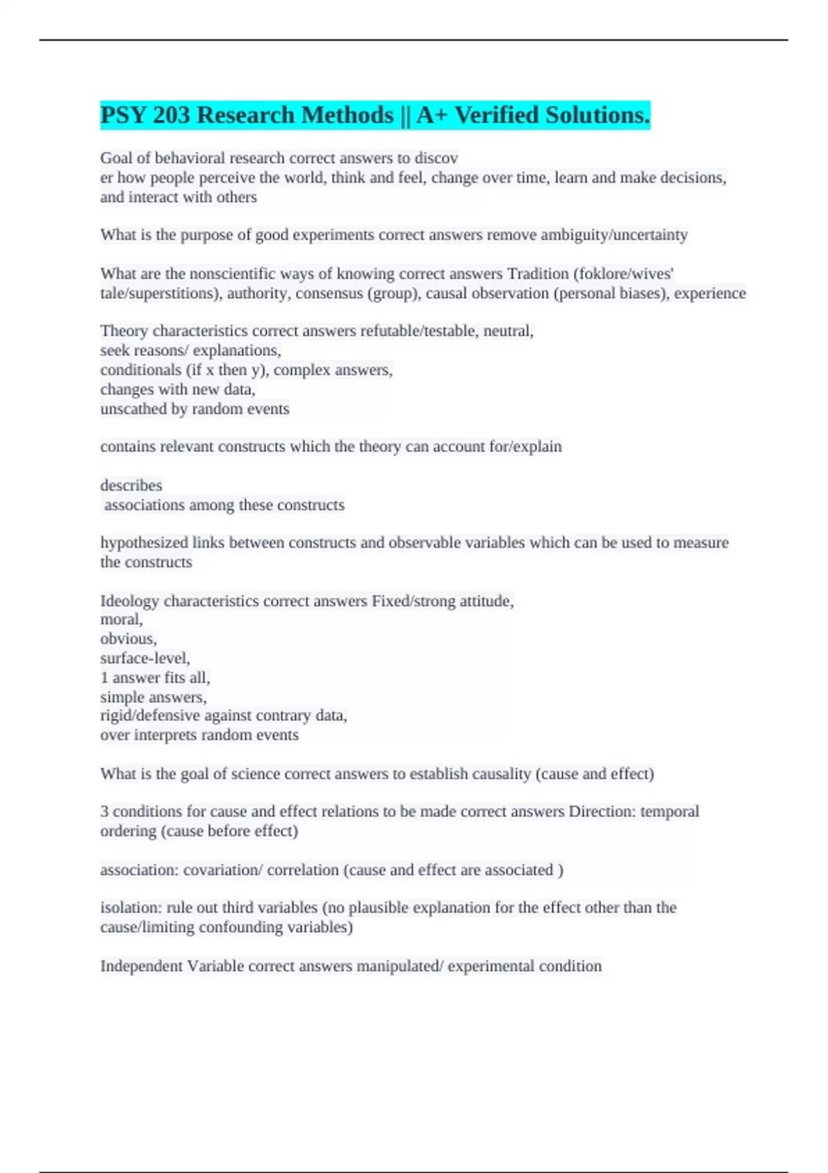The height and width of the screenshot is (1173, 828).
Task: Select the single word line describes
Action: pos(131,486)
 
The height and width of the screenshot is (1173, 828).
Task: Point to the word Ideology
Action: pos(129,601)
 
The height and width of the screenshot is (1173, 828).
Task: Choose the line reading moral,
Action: pos(121,620)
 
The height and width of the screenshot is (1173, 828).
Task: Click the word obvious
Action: pos(128,639)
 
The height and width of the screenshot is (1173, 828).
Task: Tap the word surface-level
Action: pos(145,658)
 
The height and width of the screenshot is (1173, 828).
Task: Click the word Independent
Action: pos(141,966)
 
